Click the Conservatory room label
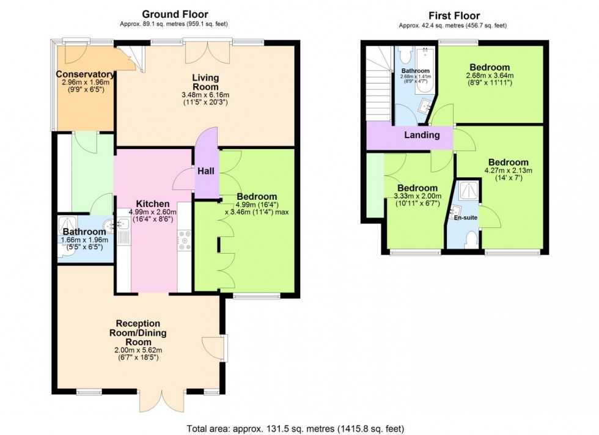pos(85,75)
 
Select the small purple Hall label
pos(206,172)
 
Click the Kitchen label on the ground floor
pos(149,203)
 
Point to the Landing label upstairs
pos(422,135)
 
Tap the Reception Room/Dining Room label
pos(138,332)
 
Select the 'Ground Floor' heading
pos(175,14)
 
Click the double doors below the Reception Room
pos(161,400)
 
